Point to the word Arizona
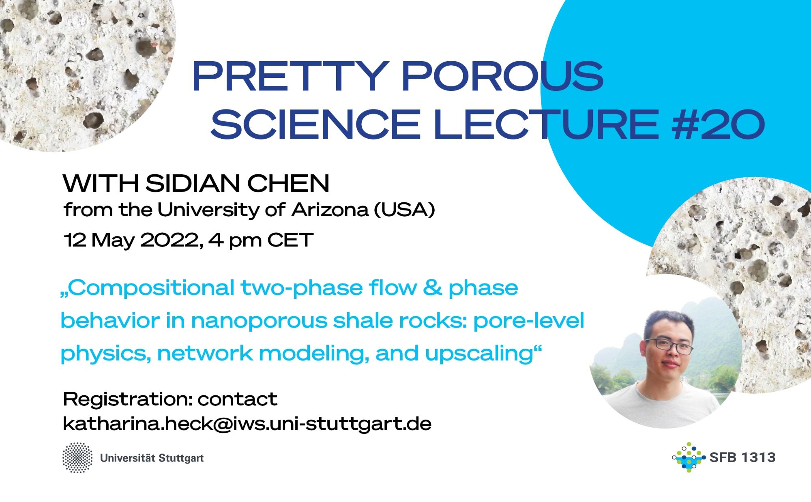(330, 210)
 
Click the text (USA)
(404, 210)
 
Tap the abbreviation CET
(290, 240)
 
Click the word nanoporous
(259, 320)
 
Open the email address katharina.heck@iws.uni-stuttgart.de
(247, 424)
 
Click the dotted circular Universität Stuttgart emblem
(77, 458)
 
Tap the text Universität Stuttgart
(152, 458)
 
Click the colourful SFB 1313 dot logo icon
(688, 457)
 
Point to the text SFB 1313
(742, 457)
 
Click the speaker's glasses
(669, 345)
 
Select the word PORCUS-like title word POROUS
(503, 76)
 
